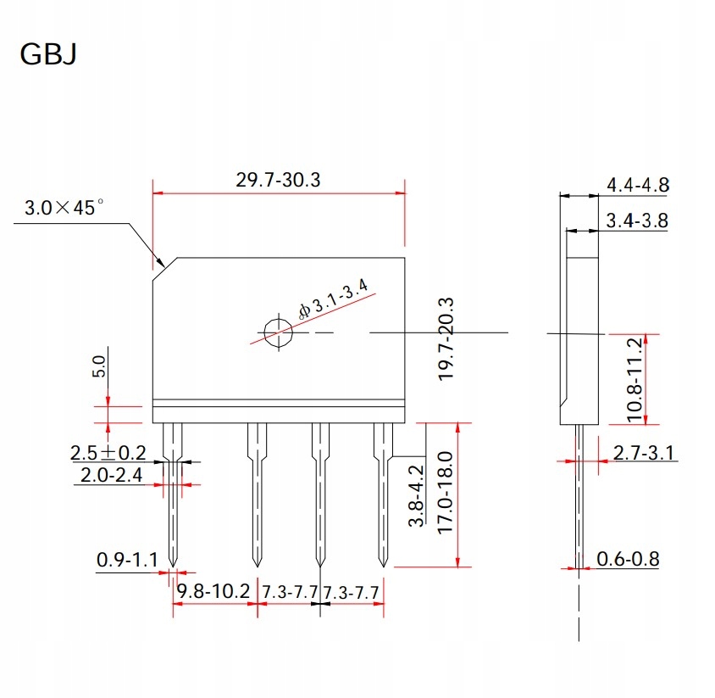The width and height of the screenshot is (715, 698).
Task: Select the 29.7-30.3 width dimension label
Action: (x=279, y=180)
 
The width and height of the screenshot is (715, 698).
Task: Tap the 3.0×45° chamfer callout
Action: (x=64, y=208)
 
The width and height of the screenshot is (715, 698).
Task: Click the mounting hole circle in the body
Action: (x=277, y=332)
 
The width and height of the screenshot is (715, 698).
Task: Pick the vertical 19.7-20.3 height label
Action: (x=447, y=338)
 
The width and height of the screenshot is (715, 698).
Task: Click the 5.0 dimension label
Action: (x=99, y=367)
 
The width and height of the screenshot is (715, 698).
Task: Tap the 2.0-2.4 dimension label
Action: (x=113, y=476)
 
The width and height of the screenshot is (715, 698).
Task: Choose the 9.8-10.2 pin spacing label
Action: (x=213, y=589)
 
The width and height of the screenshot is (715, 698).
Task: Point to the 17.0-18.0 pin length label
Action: (x=447, y=492)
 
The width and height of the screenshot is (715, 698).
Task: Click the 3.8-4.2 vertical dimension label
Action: (x=417, y=496)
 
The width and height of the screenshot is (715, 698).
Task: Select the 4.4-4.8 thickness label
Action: (x=638, y=184)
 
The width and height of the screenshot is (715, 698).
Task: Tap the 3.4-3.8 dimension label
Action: (x=638, y=221)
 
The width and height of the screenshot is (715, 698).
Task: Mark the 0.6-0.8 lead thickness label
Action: (x=628, y=559)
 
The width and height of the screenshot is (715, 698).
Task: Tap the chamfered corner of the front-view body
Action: (x=164, y=269)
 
